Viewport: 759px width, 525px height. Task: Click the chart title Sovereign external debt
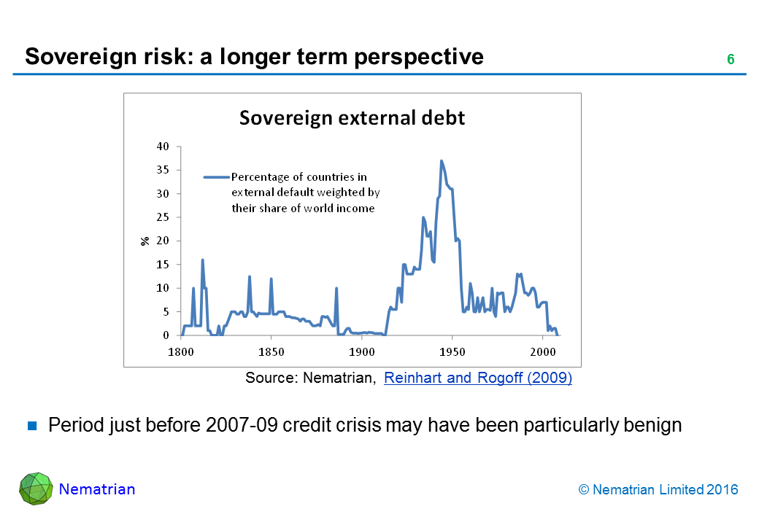(352, 118)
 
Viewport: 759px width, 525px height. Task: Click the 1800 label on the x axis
(180, 351)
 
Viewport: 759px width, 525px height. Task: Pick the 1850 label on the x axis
(271, 351)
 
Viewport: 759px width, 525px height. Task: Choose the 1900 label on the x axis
(362, 351)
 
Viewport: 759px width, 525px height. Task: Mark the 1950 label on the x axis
(452, 351)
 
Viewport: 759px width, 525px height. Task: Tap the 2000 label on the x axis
(543, 351)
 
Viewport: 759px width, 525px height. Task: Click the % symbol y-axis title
(145, 241)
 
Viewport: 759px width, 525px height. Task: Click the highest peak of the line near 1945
(442, 161)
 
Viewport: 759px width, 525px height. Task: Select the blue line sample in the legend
(216, 176)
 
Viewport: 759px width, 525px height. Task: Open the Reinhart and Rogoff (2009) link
(477, 378)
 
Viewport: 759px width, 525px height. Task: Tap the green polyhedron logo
(36, 489)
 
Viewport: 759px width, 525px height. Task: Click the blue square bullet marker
(32, 426)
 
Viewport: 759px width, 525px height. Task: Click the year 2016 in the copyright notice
(723, 490)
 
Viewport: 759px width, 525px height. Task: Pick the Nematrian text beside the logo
(97, 489)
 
